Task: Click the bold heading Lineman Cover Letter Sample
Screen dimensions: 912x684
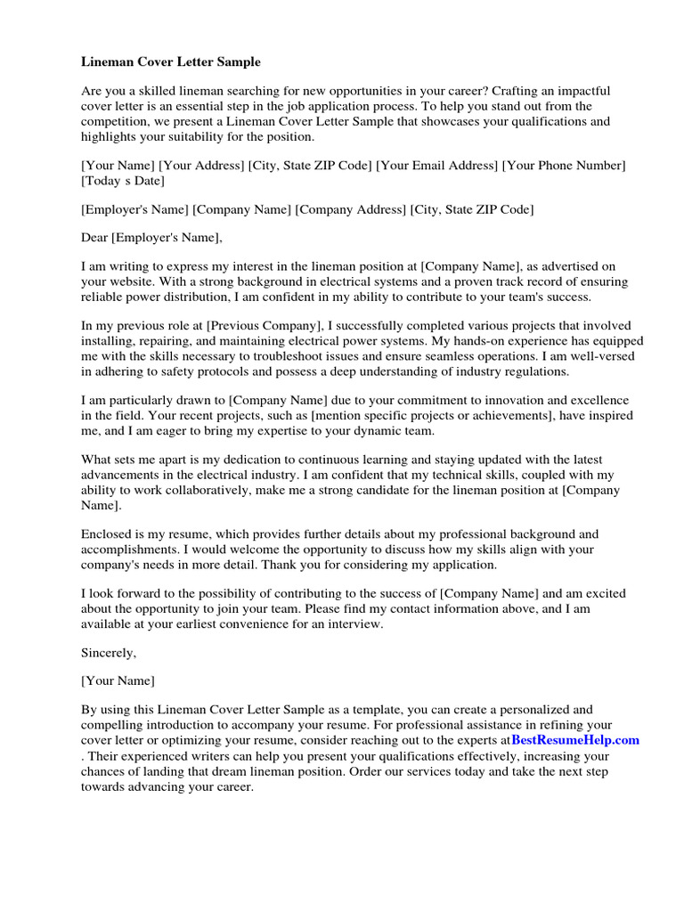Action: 171,62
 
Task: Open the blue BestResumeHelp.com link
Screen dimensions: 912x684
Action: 575,740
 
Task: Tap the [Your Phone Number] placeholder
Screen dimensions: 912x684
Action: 565,165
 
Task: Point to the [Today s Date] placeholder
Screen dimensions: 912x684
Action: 123,181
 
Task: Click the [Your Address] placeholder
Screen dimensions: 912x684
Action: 201,165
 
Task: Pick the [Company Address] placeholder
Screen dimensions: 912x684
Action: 351,209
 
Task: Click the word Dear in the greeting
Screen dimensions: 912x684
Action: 95,238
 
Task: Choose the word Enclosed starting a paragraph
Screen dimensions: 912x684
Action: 107,534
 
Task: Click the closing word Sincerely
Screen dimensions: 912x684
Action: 109,653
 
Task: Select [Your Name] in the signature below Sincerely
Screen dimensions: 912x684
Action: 118,681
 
